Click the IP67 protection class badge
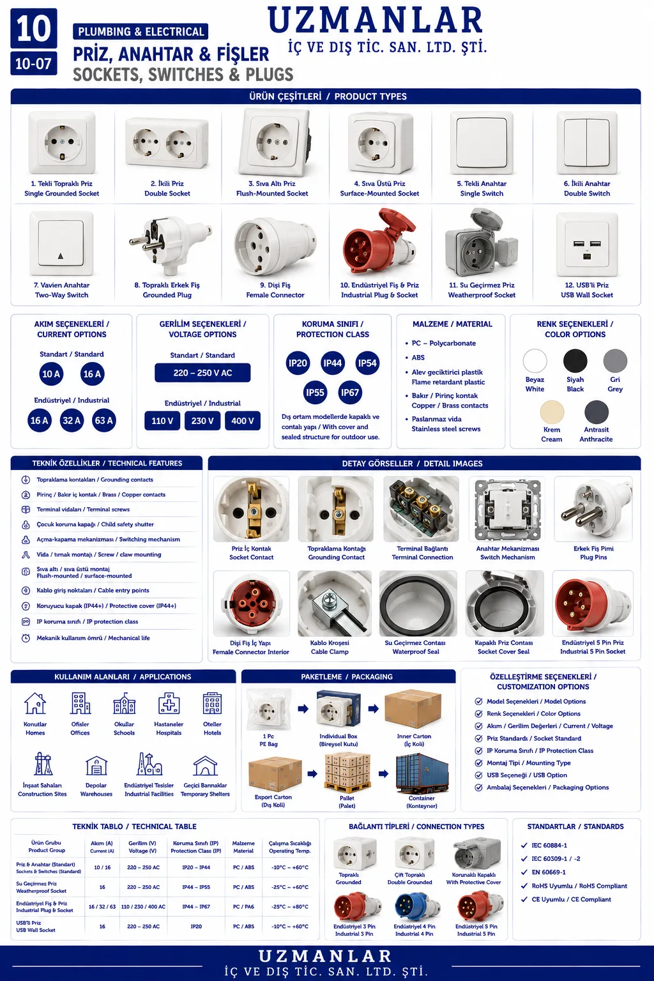coord(349,392)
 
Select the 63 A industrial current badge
coord(104,420)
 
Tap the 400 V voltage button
coord(243,421)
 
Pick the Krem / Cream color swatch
coord(552,412)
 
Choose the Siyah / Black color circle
coord(575,361)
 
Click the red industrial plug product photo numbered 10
coord(379,243)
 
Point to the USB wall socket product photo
coord(587,245)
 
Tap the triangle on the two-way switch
coord(61,256)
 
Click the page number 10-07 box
coord(34,64)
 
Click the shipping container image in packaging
coord(422,773)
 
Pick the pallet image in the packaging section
coord(347,773)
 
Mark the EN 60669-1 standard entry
coord(549,872)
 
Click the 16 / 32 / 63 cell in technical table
coord(102,906)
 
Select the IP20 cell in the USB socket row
coord(196,926)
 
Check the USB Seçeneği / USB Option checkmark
coord(479,775)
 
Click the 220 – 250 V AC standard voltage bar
coord(203,373)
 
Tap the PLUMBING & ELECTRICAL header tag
coord(141,31)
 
